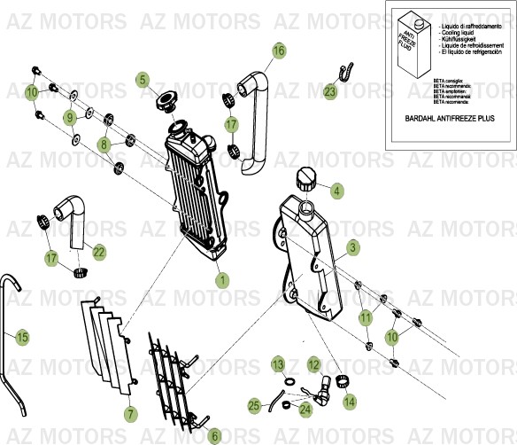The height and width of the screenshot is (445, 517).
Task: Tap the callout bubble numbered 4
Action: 336,189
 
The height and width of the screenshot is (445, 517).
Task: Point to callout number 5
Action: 142,80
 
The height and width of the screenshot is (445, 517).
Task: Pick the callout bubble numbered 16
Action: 279,51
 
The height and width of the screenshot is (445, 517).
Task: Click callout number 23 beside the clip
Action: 329,91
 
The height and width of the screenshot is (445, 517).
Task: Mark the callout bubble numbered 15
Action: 23,337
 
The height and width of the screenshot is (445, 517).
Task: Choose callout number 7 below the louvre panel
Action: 130,413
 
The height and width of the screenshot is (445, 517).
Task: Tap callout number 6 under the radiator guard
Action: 213,435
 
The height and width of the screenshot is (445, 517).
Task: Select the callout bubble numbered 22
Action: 98,253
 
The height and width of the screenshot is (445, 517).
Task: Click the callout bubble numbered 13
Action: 277,364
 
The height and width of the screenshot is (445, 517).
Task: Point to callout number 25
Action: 254,405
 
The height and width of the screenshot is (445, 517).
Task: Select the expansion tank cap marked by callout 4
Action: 307,176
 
